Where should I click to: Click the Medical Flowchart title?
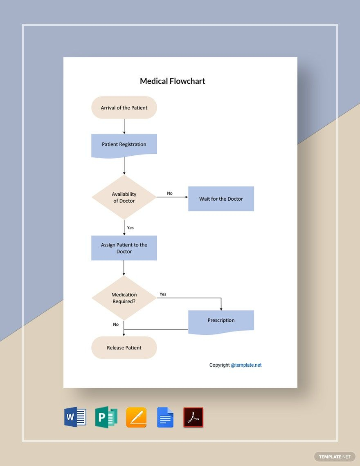click(173, 81)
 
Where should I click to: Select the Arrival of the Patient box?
click(124, 108)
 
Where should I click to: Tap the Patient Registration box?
click(124, 146)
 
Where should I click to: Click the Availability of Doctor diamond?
click(124, 197)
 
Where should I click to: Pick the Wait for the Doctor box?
click(221, 199)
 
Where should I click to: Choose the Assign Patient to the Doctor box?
click(124, 248)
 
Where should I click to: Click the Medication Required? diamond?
click(124, 298)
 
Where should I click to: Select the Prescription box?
click(221, 322)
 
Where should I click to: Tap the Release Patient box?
click(124, 348)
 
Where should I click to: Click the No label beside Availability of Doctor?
click(170, 193)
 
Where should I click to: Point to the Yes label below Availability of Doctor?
click(130, 228)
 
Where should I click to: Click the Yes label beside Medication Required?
click(163, 294)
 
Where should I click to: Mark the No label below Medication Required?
click(116, 325)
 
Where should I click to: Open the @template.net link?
click(246, 365)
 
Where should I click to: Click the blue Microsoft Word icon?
click(75, 417)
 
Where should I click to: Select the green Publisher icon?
click(106, 417)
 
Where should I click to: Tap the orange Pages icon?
click(136, 417)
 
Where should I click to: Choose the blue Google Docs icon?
click(165, 417)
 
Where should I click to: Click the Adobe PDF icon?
click(193, 417)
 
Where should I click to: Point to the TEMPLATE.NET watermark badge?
click(335, 457)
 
